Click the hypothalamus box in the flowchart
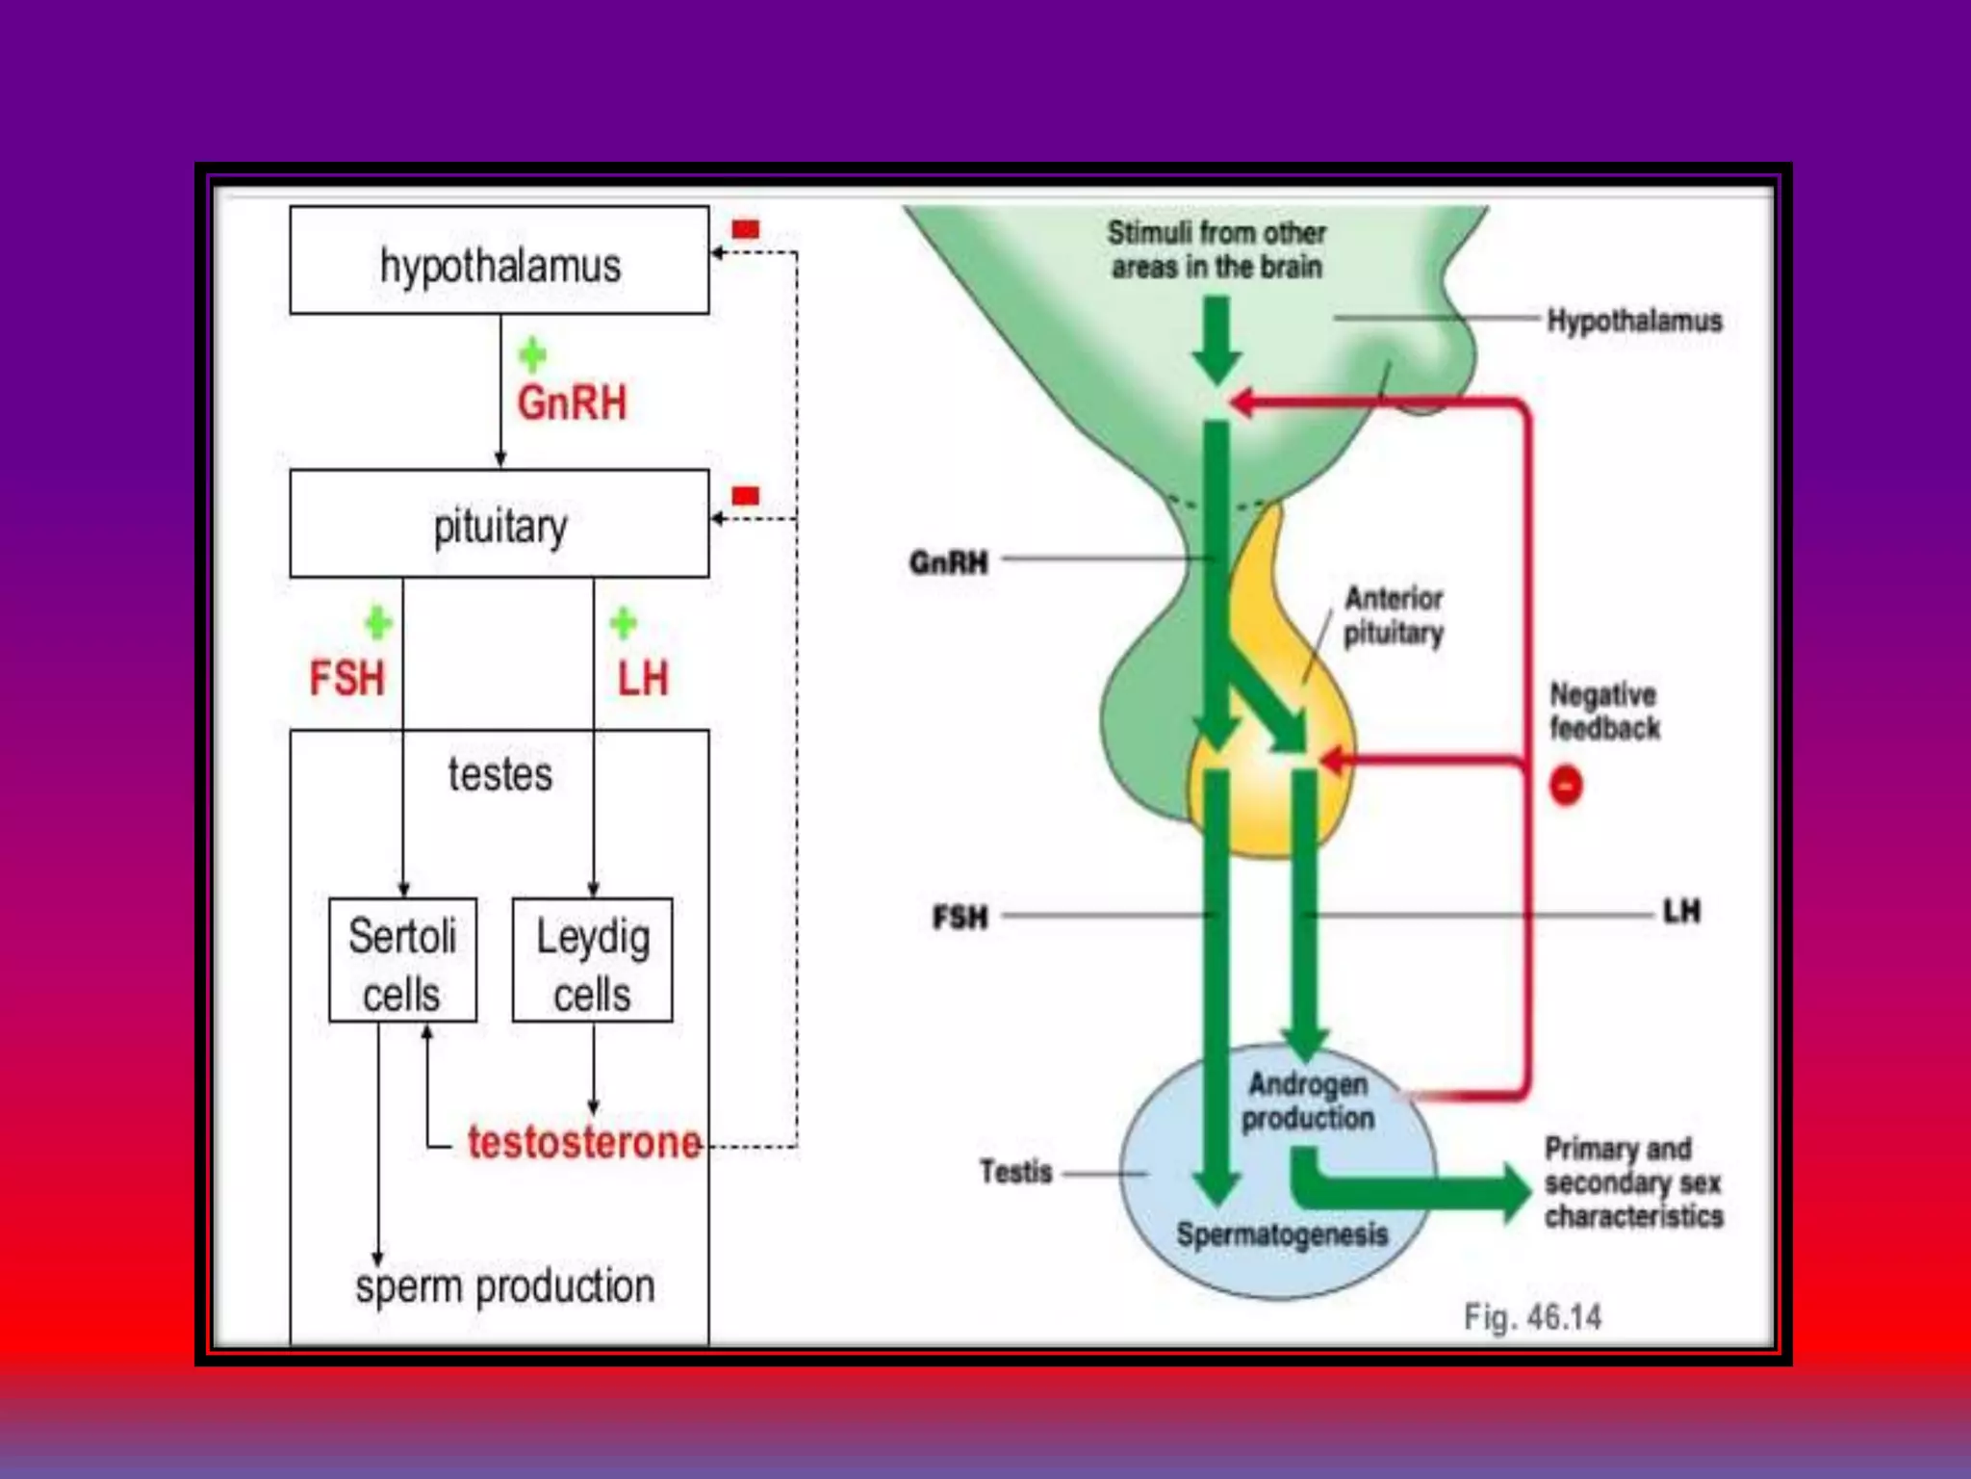tap(499, 262)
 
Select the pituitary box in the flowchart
tap(499, 525)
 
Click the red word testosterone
tap(583, 1143)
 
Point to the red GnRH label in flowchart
tap(572, 402)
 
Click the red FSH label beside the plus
tap(346, 678)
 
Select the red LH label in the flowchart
tap(643, 679)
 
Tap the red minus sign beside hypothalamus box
tap(745, 229)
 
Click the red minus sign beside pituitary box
tap(745, 496)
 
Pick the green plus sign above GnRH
tap(532, 355)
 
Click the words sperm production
tap(504, 1286)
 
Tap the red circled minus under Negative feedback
tap(1566, 786)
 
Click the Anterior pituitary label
tap(1393, 615)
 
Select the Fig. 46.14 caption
tap(1532, 1316)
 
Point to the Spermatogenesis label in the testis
tap(1281, 1233)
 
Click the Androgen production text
tap(1307, 1101)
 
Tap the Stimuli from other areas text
tap(1216, 249)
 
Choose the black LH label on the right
tap(1681, 911)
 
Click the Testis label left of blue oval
tap(1015, 1172)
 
